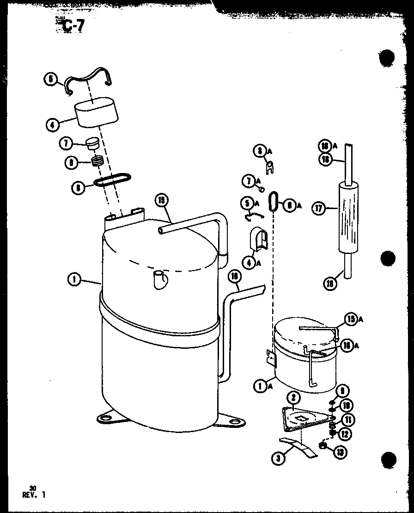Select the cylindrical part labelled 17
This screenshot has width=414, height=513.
click(x=348, y=217)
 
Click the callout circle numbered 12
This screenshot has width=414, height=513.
click(x=345, y=433)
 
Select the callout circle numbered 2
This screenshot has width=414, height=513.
click(x=293, y=397)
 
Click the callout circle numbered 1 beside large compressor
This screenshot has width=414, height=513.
click(x=74, y=279)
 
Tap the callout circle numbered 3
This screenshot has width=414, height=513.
click(x=278, y=458)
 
